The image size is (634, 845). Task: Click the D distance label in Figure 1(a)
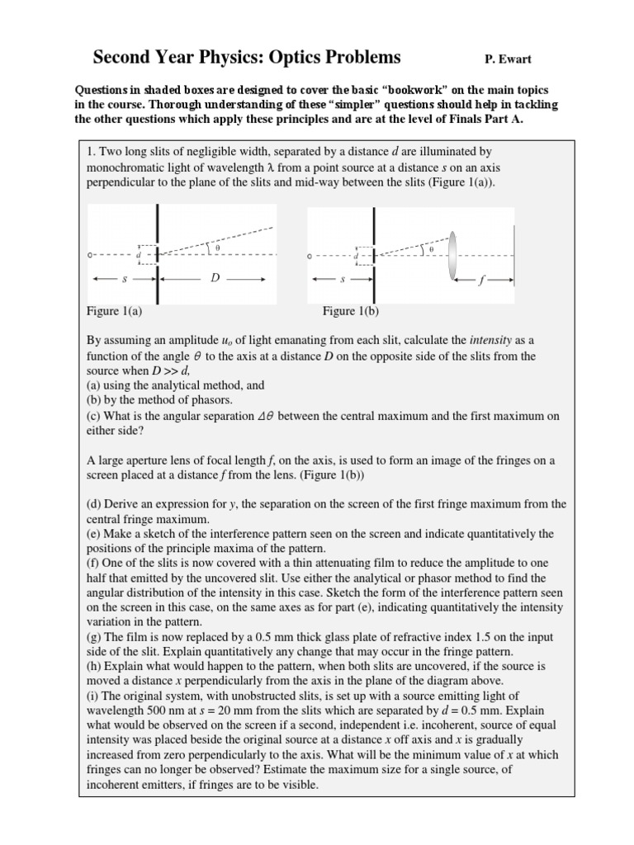coord(215,279)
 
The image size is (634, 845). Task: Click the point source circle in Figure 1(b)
coord(310,256)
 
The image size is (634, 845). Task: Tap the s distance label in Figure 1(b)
coord(343,280)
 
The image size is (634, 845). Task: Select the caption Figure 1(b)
coord(350,311)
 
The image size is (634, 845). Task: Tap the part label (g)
coord(95,637)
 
